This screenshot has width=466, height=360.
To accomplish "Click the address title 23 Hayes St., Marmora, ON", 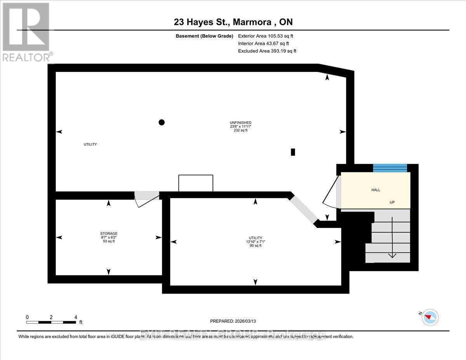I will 233,22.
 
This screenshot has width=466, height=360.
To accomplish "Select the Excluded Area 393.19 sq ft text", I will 267,51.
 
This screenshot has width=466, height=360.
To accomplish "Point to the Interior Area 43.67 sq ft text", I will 263,43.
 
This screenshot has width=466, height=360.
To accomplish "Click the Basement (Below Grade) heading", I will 204,36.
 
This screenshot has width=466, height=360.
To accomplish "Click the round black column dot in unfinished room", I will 162,122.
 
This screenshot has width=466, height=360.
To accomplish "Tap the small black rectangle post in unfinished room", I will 293,152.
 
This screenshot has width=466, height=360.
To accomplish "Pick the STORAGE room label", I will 109,233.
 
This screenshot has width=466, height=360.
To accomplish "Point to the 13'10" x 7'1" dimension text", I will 256,242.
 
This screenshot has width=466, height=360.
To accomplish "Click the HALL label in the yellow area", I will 376,190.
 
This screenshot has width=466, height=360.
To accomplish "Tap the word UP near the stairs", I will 392,202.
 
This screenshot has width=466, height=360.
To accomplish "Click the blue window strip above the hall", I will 390,168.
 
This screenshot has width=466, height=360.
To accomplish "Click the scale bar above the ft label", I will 51,322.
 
